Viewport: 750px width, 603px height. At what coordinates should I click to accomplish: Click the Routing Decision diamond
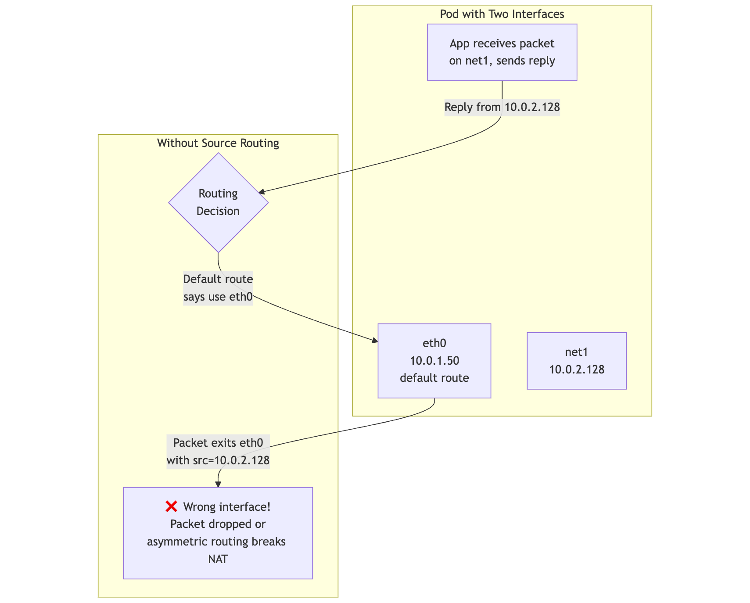pos(218,202)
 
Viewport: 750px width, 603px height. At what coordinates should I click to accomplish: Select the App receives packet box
pos(502,52)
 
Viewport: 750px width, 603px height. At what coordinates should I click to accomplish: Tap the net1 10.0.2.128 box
pos(576,361)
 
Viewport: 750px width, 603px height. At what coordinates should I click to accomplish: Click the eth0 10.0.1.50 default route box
pos(434,361)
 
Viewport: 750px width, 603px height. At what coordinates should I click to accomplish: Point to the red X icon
pos(171,507)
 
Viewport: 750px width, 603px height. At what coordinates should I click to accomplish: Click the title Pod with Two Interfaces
pos(502,14)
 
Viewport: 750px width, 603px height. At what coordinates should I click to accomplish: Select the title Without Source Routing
pos(218,143)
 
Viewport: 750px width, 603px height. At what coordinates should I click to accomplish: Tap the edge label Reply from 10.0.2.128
pos(502,107)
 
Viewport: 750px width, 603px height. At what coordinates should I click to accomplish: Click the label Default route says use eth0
pos(218,288)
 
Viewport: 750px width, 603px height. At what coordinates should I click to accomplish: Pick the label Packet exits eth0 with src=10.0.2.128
pos(218,452)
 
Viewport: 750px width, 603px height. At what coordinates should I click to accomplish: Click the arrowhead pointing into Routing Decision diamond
pos(261,192)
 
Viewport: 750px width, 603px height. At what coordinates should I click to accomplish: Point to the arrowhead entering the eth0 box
pos(374,341)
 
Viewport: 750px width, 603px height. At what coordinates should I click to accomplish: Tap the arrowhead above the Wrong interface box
pos(218,484)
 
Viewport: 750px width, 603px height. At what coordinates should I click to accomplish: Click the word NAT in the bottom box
pos(218,559)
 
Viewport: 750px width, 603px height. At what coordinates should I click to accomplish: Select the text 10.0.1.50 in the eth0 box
pos(434,361)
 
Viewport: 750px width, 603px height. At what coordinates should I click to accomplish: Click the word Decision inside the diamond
pos(218,211)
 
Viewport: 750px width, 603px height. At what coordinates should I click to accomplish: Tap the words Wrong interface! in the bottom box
pos(226,507)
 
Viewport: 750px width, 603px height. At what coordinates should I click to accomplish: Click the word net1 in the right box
pos(576,352)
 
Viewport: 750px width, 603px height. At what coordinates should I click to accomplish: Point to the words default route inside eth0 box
pos(434,378)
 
